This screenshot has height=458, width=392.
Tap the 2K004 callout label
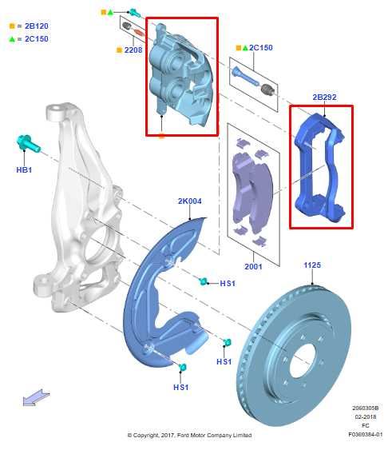pos(190,202)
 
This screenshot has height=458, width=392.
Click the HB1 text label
pos(24,170)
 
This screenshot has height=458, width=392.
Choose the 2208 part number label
pos(133,50)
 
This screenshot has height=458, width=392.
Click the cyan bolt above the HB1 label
pos(22,145)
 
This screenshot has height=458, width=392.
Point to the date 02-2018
pos(366,417)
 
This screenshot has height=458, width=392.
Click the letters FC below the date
pos(366,426)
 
